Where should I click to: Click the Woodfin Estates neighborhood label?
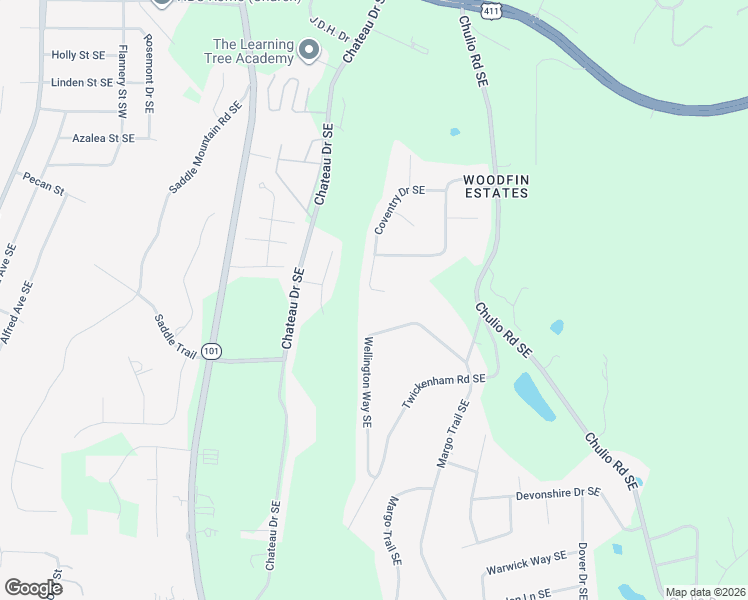(x=495, y=186)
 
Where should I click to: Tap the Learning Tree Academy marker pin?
(x=309, y=49)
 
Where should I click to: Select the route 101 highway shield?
(x=210, y=351)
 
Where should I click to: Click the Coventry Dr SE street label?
(x=400, y=210)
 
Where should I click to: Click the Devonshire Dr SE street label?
(x=558, y=494)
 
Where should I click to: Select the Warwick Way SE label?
(x=526, y=562)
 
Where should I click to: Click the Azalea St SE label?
(x=103, y=137)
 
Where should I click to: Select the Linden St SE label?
(x=82, y=82)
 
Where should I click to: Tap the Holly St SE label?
(x=78, y=55)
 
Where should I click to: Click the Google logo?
(x=33, y=588)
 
